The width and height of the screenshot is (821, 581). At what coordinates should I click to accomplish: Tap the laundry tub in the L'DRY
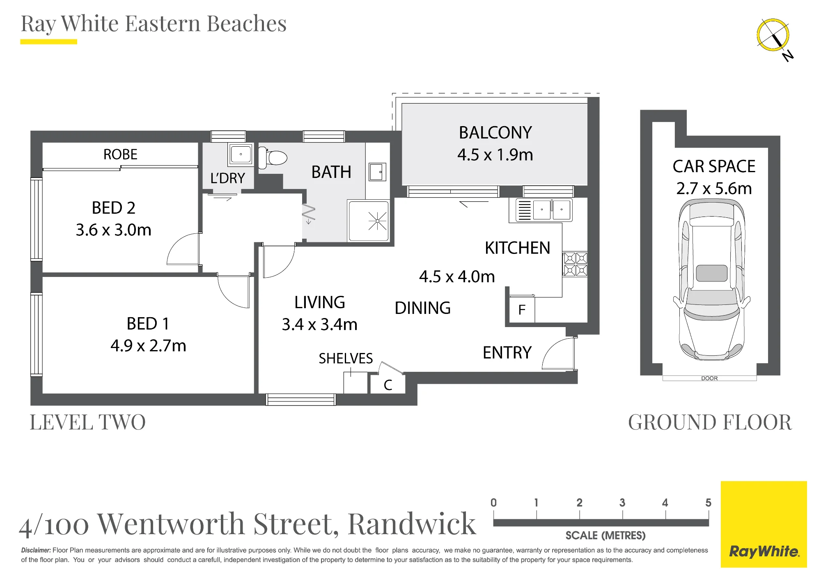(241, 154)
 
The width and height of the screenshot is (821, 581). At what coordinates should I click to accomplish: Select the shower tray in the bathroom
(368, 221)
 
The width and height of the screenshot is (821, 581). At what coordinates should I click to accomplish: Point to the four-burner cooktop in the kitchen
(575, 264)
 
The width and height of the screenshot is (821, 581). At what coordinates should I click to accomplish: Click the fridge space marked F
(522, 309)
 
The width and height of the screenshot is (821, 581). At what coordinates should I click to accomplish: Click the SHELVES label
(346, 359)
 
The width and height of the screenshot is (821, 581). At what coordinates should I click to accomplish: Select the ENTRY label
(507, 353)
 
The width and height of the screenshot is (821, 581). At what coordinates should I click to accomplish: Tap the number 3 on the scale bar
(622, 503)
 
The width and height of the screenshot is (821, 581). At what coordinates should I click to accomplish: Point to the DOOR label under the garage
(709, 378)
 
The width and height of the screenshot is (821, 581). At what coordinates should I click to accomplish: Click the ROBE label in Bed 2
(120, 154)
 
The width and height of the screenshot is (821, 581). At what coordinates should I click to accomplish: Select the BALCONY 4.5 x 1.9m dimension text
(495, 155)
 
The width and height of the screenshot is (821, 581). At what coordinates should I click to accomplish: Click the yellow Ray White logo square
(764, 524)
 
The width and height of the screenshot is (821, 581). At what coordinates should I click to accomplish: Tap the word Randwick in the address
(412, 523)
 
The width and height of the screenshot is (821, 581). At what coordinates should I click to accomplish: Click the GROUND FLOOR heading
(710, 422)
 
